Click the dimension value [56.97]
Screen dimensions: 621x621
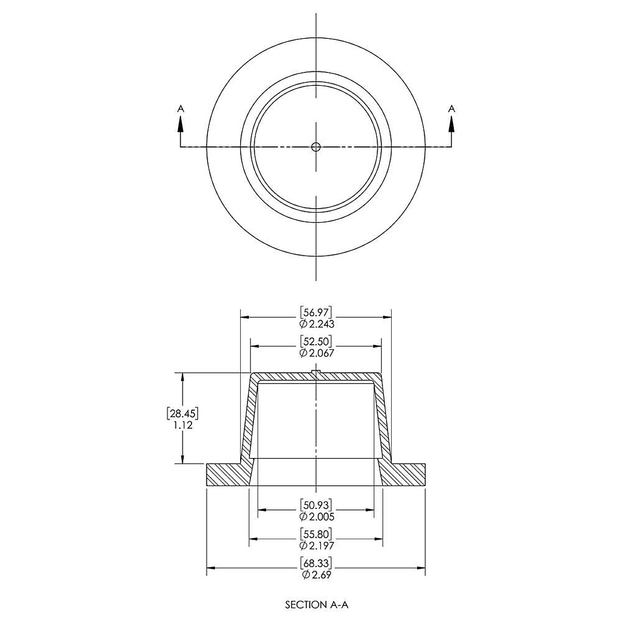pyautogui.click(x=316, y=312)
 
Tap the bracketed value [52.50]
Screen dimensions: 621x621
pyautogui.click(x=316, y=341)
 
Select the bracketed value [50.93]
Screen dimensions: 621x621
pyautogui.click(x=316, y=504)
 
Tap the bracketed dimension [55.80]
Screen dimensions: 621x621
pyautogui.click(x=316, y=534)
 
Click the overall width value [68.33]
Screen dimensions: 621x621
pyautogui.click(x=316, y=563)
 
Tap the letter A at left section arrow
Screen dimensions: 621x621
pyautogui.click(x=180, y=108)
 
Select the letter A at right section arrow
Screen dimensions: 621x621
pyautogui.click(x=451, y=108)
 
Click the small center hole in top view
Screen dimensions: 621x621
pyautogui.click(x=316, y=147)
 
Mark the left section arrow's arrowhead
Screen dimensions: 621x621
pyautogui.click(x=180, y=123)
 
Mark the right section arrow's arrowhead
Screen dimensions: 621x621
pyautogui.click(x=451, y=123)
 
